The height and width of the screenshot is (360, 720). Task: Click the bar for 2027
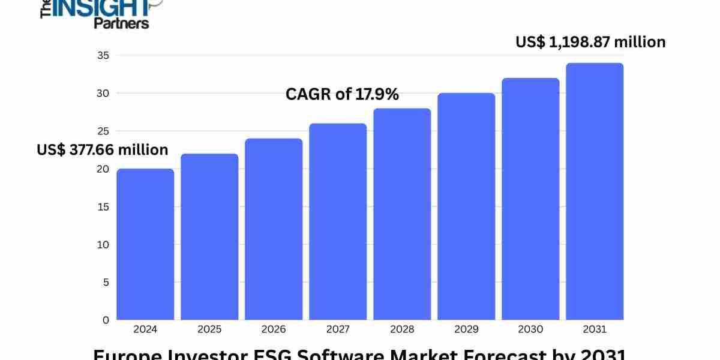tap(338, 221)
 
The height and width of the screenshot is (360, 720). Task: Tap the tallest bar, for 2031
tap(595, 191)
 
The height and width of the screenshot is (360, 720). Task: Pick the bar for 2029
tap(466, 206)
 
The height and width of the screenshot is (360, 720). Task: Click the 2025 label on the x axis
tap(209, 329)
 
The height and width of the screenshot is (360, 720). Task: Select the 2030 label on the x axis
tap(530, 329)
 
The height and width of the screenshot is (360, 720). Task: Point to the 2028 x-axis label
tap(402, 329)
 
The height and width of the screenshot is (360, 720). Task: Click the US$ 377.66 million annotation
tap(103, 149)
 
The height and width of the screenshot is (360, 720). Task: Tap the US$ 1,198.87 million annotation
tap(590, 42)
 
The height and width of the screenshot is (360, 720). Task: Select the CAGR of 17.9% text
tap(342, 94)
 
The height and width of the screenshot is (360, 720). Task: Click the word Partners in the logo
tap(121, 23)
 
